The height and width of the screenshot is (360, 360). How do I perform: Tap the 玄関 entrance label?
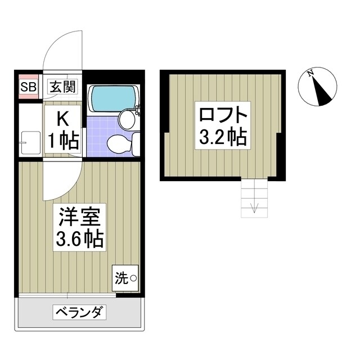[x=62, y=87]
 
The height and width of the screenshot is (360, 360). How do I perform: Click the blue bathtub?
[x=112, y=97]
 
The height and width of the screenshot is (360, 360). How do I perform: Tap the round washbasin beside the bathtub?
[x=128, y=119]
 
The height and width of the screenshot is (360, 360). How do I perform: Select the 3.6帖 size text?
[x=78, y=241]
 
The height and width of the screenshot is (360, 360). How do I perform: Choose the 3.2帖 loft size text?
[x=223, y=137]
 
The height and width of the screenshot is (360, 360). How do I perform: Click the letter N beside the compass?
[x=310, y=73]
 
